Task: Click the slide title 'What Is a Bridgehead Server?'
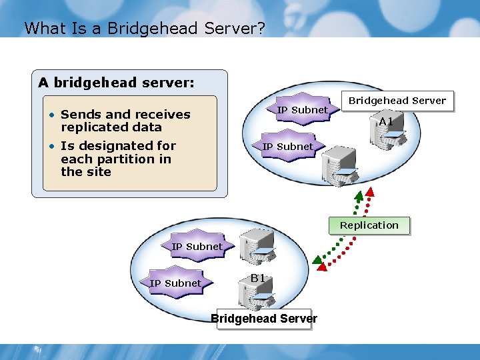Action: tap(144, 28)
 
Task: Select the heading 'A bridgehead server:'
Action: tap(116, 83)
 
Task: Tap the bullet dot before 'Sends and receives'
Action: tap(51, 114)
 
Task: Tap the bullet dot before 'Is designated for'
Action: tap(51, 145)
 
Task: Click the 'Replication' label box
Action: tap(369, 225)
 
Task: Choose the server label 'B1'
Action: tap(258, 277)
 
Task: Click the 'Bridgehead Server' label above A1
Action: tap(397, 101)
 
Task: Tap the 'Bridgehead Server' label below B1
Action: tap(264, 319)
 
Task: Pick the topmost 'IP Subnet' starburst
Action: tap(302, 109)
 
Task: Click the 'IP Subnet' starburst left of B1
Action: tap(175, 283)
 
